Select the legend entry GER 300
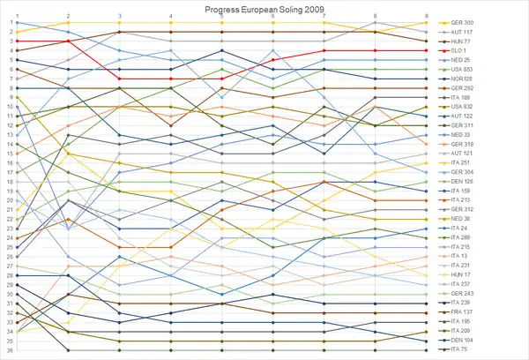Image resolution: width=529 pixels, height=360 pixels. (463, 22)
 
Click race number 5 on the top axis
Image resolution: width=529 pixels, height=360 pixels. (221, 16)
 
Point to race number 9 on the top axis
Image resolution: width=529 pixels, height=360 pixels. (427, 16)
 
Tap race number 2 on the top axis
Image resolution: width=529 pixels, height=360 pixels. (68, 16)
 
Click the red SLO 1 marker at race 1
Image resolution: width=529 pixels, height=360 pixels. (18, 41)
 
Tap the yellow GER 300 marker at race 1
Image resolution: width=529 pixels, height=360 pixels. (18, 32)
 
